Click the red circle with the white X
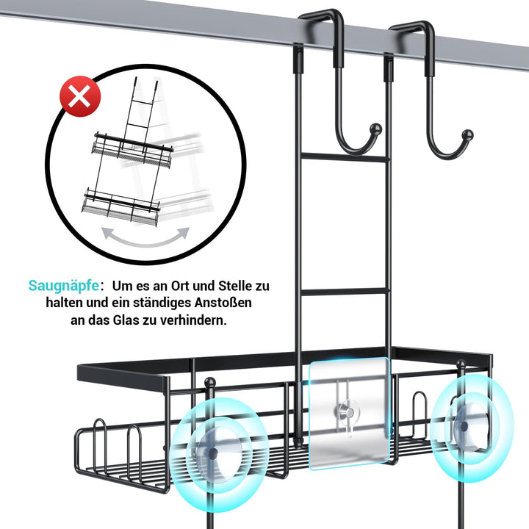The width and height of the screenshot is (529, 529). (80, 96)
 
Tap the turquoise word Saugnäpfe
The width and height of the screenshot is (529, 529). (64, 286)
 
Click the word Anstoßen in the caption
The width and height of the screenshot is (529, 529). (223, 302)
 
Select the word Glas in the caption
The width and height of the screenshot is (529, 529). (126, 320)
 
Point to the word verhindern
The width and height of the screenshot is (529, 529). (193, 320)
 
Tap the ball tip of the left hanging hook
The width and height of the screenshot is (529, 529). (376, 129)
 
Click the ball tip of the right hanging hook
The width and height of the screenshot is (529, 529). (467, 135)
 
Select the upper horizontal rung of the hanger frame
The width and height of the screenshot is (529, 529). (343, 157)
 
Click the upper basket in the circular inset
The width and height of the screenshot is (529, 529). (132, 149)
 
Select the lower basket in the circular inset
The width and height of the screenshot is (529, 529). (120, 206)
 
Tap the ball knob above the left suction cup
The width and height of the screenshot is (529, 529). (210, 383)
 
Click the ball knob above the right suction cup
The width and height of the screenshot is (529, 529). (461, 364)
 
